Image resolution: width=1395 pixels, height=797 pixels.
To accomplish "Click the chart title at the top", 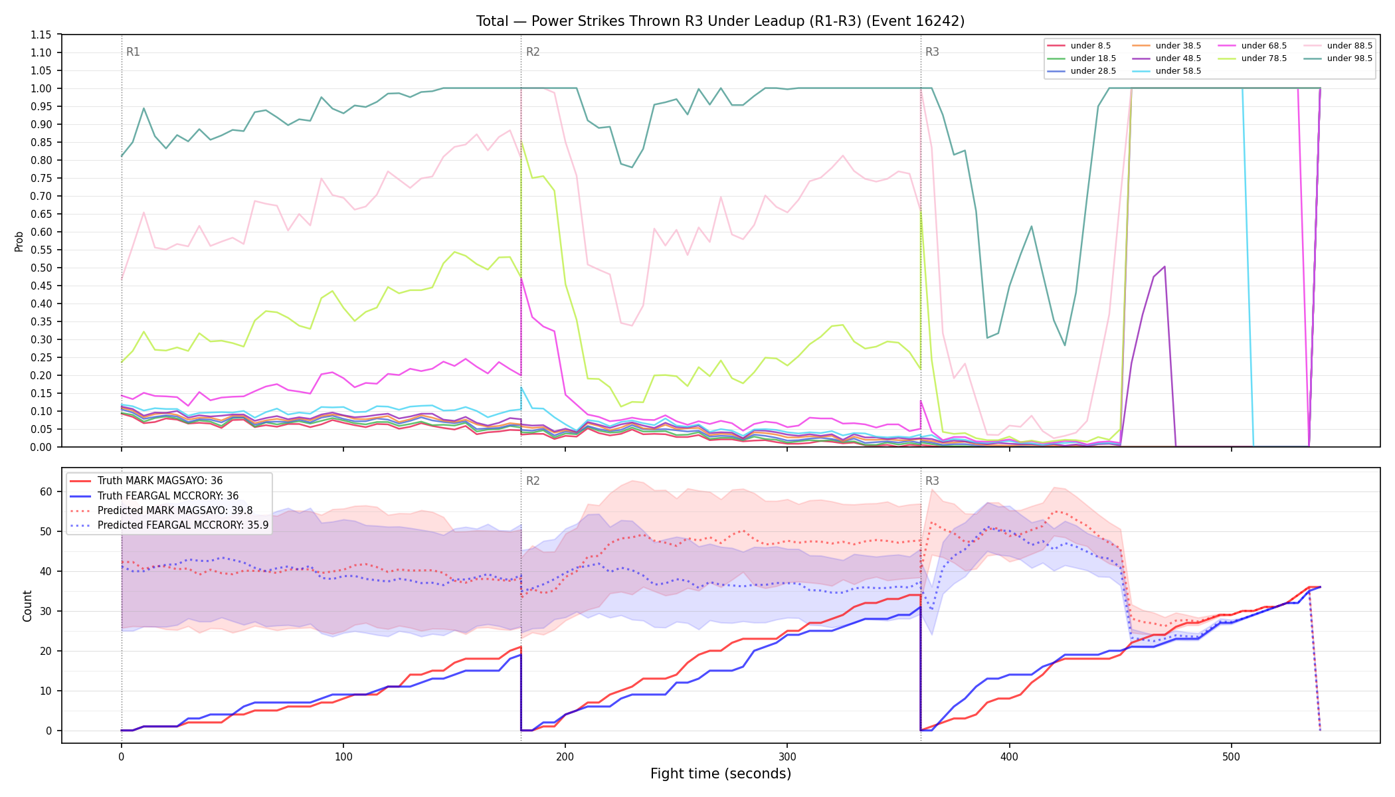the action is click(720, 21).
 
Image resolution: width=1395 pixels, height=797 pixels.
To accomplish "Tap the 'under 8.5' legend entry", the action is click(1079, 46).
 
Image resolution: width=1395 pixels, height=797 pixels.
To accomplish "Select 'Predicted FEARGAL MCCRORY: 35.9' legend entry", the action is click(169, 525).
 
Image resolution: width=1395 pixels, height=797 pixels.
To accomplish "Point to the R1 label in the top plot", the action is click(133, 52).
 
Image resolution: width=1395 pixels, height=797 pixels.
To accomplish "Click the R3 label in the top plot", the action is click(932, 52).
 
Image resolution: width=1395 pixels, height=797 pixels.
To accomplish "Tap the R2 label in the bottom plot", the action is click(533, 481).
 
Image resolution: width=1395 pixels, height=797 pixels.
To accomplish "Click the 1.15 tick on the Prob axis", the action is click(41, 35).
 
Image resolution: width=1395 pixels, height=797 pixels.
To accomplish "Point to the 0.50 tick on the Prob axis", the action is click(41, 268).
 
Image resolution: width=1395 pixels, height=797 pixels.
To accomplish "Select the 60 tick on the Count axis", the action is click(46, 491).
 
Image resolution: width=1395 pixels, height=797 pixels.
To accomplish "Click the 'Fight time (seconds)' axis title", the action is click(721, 774).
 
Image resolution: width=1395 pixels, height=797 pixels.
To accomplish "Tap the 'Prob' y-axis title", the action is click(19, 241).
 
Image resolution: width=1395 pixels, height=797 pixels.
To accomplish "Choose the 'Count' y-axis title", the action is click(28, 606).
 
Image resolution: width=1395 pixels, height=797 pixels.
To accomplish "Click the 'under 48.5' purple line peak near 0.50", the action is click(1164, 266).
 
